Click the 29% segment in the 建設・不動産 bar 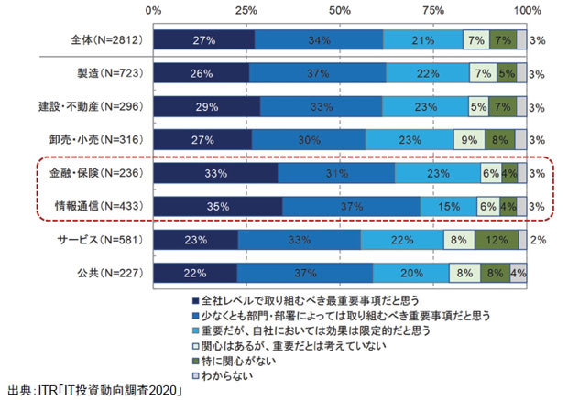(x=206, y=107)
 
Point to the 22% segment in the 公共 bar (x=194, y=274)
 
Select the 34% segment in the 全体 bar (x=318, y=40)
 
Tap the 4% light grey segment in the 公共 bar (x=519, y=274)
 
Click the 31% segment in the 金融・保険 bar (x=336, y=174)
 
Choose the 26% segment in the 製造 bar (x=201, y=74)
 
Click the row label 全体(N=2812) (x=106, y=40)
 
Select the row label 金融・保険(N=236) (x=101, y=174)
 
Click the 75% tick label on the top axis (x=433, y=10)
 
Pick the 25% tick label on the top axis (x=246, y=10)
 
